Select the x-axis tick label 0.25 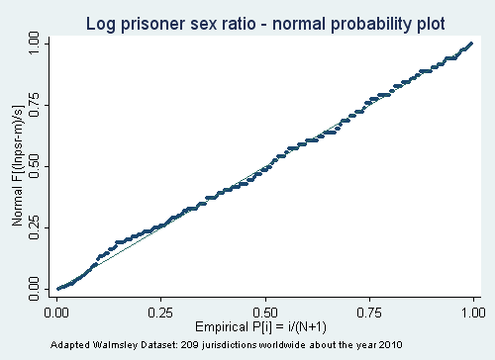[161, 313]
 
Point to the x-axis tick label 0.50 [265, 313]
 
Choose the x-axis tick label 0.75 [368, 313]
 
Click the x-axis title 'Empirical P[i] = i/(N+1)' [265, 328]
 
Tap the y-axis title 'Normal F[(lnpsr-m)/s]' [17, 165]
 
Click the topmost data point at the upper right [471, 44]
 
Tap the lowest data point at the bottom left [59, 288]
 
